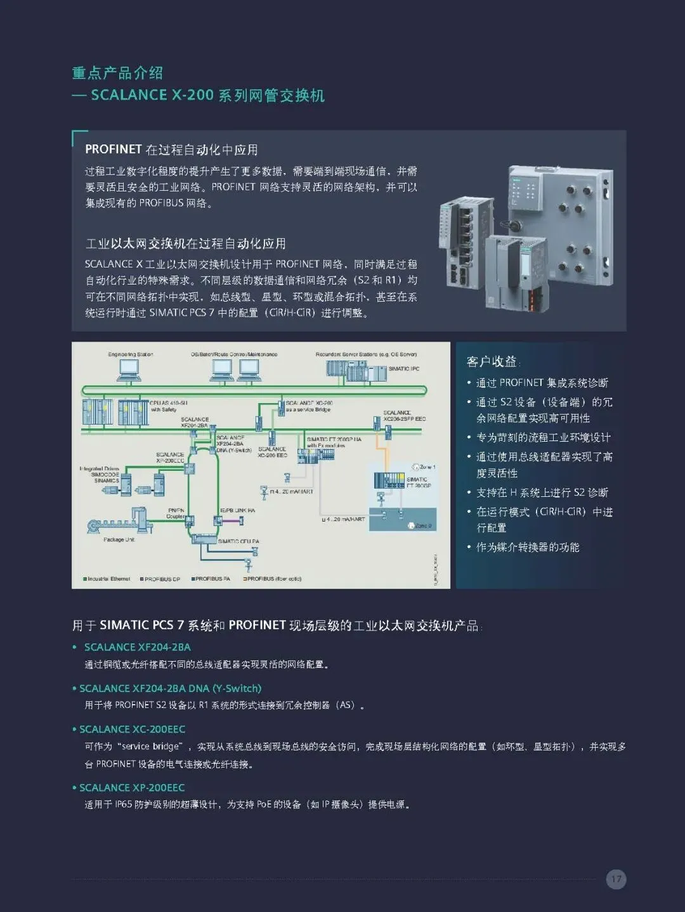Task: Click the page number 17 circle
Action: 616,879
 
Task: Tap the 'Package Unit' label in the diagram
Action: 119,540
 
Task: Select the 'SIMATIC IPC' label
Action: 403,369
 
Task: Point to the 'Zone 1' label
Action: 426,467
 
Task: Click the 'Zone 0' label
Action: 423,526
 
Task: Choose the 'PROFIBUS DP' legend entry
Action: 161,579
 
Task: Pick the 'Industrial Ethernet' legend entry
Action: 107,579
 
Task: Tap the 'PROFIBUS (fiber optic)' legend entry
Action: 273,579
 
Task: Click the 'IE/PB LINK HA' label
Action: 237,510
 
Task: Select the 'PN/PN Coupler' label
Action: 176,513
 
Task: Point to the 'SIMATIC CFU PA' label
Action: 238,541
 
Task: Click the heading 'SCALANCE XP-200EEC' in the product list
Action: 132,788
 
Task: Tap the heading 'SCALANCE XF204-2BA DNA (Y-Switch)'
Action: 170,688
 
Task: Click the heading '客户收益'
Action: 492,362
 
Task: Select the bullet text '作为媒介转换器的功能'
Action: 528,547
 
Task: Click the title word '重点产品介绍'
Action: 117,73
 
